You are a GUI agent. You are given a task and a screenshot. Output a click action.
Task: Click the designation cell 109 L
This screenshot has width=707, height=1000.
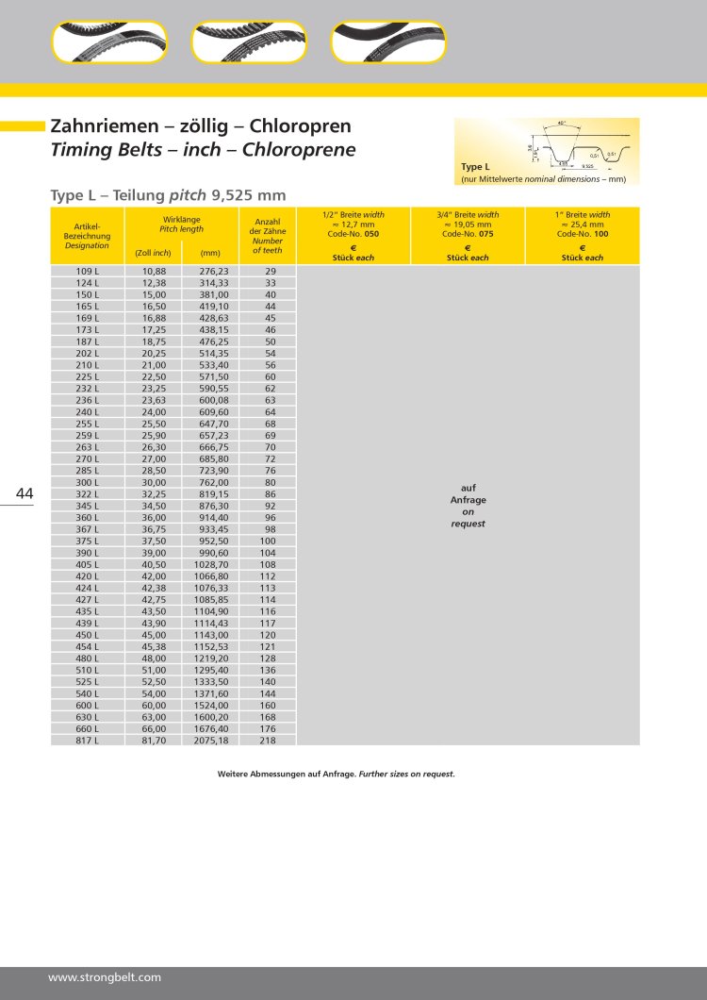coord(88,271)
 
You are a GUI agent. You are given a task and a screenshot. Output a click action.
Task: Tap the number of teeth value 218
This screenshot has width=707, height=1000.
coord(269,741)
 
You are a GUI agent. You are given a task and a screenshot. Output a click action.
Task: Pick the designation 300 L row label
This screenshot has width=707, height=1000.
coord(88,482)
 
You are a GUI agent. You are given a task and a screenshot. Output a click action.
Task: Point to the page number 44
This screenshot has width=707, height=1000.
coord(25,493)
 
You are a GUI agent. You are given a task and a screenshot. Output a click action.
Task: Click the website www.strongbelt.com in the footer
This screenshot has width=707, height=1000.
coord(105,977)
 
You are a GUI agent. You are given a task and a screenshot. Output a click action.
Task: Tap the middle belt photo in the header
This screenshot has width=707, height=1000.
coord(249,42)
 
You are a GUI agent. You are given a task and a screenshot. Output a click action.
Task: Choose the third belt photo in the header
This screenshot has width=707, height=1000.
coord(388,42)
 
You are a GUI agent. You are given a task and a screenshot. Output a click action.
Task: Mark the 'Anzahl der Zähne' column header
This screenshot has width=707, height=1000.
coord(268,235)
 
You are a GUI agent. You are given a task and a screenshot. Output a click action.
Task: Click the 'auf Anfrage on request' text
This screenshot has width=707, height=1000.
coord(468,506)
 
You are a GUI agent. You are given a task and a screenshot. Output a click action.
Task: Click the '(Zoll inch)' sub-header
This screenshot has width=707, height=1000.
coord(154,253)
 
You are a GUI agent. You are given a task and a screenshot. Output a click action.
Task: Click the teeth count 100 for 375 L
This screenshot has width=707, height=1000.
coord(269,541)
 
